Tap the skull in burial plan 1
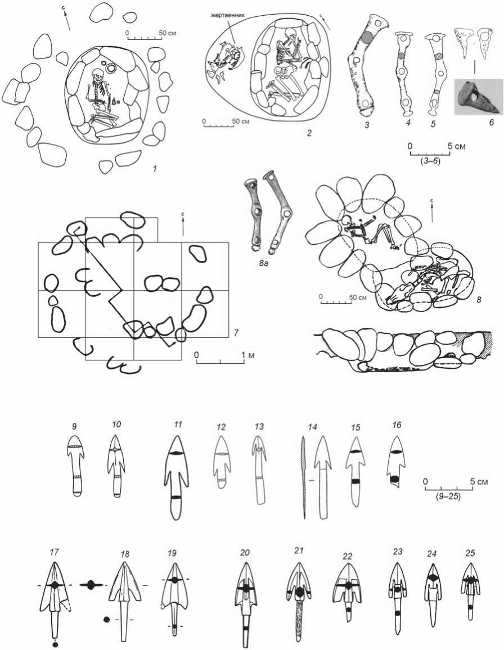click(98, 75)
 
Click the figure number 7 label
click(236, 332)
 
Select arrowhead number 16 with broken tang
click(397, 463)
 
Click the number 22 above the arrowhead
click(347, 556)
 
